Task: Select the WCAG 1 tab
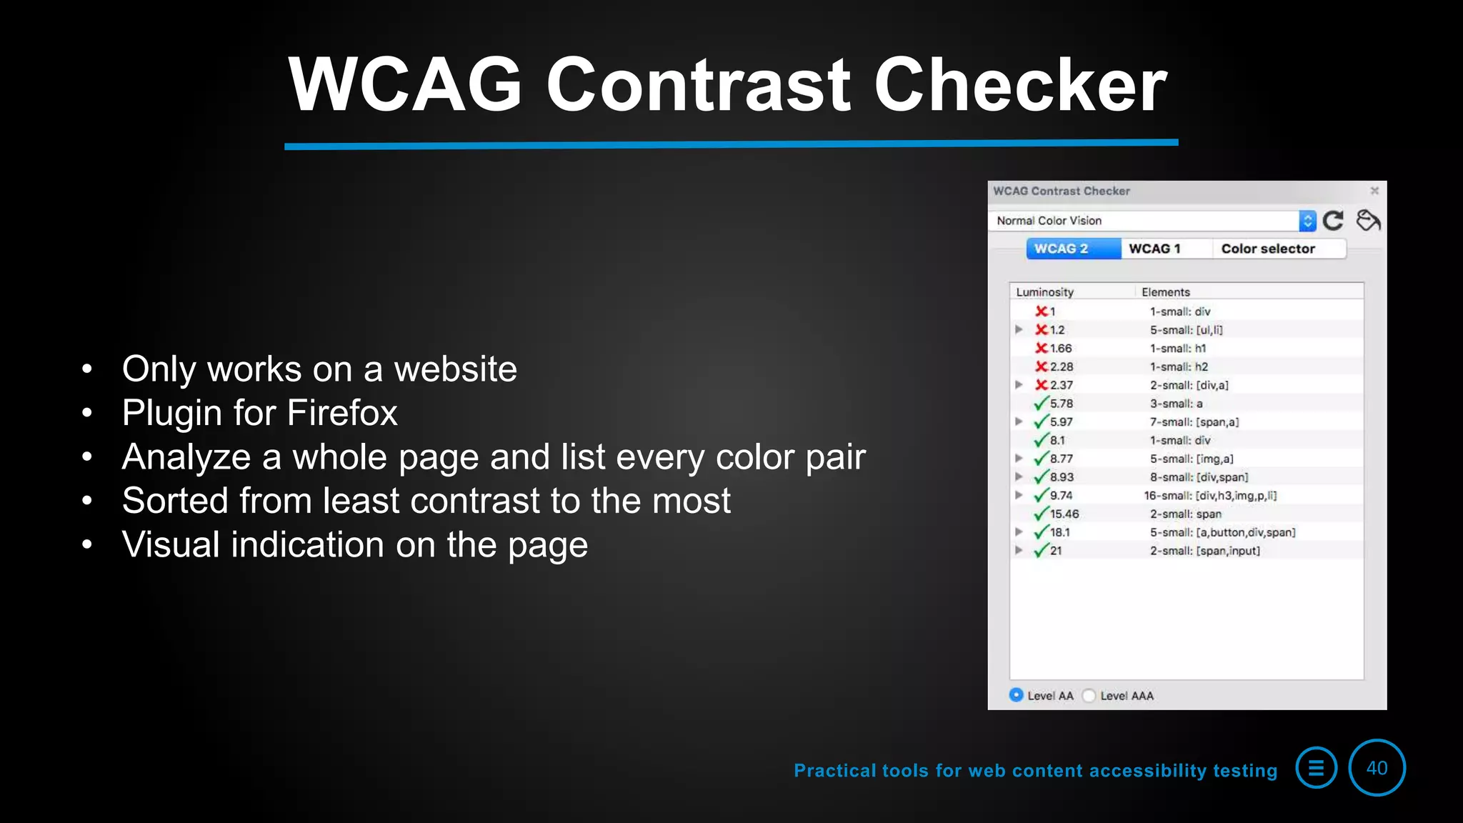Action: [1154, 249]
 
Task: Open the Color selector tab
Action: [1268, 249]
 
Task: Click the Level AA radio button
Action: [1016, 694]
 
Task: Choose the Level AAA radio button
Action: [1089, 695]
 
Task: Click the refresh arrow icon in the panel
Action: [1333, 220]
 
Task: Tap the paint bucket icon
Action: [1368, 220]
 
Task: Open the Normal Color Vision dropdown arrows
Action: [1307, 221]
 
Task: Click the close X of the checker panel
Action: [1374, 191]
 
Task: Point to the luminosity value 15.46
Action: [1064, 514]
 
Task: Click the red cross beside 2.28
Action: [1042, 366]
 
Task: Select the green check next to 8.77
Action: [1042, 458]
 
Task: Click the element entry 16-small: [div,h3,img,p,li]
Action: [1210, 495]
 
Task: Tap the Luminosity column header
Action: [1044, 291]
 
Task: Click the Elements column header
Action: [1166, 291]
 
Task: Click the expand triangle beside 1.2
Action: [1019, 329]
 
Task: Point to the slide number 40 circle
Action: [1377, 768]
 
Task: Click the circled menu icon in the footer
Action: [1316, 768]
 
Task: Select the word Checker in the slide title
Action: [1020, 86]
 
